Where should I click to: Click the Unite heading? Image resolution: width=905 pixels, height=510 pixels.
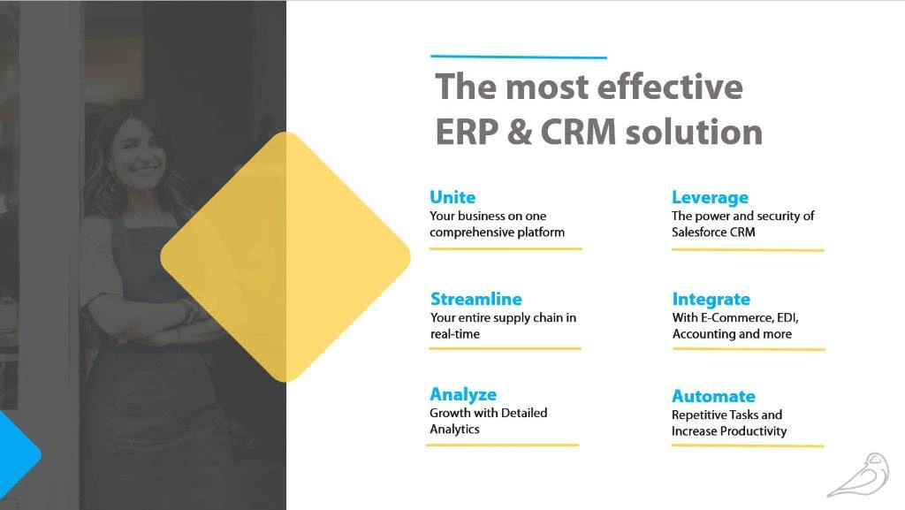[x=452, y=197]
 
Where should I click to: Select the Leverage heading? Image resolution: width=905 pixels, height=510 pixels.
[x=710, y=198]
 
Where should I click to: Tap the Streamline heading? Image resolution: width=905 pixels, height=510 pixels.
[x=476, y=299]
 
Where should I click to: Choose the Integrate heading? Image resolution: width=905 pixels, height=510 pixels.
[x=711, y=300]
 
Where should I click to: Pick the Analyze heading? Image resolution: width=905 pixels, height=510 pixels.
[x=463, y=394]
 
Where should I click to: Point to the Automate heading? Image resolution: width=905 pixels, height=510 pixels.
[x=713, y=396]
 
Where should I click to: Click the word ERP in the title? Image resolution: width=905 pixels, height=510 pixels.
[x=467, y=132]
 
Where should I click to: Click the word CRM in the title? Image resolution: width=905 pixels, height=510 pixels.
[x=578, y=132]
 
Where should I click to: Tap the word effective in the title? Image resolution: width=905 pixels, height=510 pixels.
[x=670, y=87]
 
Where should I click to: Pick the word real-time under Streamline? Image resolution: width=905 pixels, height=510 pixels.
[x=455, y=334]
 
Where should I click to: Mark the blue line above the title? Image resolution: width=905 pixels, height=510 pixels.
[x=519, y=57]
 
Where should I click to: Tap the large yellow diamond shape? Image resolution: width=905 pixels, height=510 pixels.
[x=285, y=256]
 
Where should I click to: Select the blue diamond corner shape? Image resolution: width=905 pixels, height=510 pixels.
[x=18, y=454]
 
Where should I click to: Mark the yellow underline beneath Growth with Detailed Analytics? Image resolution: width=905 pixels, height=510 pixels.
[x=502, y=445]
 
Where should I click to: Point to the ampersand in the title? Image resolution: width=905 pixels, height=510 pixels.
[x=520, y=132]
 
